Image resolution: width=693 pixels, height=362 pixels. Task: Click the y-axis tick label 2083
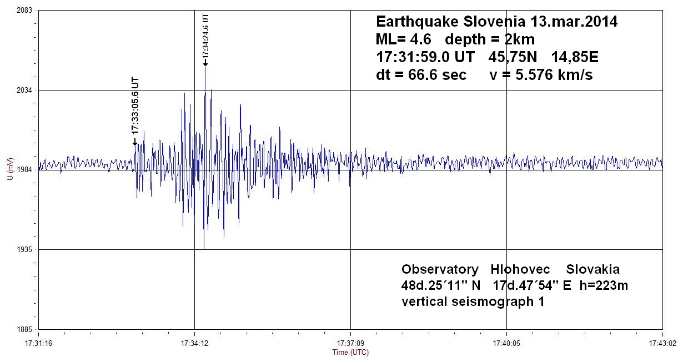point(24,11)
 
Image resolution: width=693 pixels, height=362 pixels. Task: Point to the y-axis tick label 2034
point(24,90)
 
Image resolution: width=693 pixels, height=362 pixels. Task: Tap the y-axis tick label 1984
point(24,170)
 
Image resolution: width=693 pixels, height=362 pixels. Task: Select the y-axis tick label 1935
point(24,250)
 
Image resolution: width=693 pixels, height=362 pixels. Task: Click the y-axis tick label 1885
point(24,329)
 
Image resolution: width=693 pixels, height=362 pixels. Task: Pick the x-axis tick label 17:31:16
point(38,343)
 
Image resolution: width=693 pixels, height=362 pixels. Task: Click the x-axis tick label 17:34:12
point(194,343)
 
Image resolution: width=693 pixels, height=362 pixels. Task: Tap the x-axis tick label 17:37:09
point(350,343)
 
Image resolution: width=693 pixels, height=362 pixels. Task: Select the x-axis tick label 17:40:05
point(506,343)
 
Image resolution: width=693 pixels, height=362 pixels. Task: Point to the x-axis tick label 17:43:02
point(662,343)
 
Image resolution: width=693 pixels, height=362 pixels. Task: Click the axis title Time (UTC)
point(350,353)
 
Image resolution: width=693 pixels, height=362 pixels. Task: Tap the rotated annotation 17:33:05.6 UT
point(135,105)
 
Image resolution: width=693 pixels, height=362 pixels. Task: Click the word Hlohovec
point(520,269)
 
